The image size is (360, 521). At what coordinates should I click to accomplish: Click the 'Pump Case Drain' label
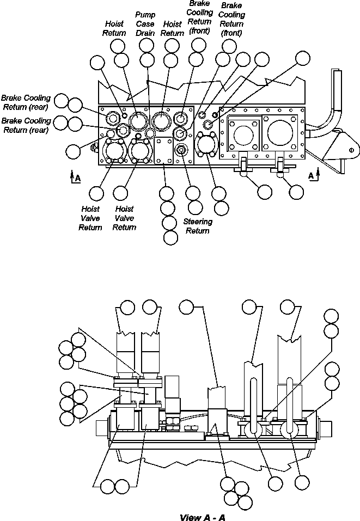click(x=145, y=24)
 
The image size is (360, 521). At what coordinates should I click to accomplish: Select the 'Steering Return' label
click(x=198, y=226)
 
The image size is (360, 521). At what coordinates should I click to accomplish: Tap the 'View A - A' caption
click(x=203, y=517)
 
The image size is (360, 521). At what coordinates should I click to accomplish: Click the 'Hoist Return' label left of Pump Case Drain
click(x=114, y=28)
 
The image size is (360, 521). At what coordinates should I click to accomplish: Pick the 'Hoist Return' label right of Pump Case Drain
click(x=173, y=28)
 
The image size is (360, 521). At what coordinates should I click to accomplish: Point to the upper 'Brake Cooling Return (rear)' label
click(x=26, y=102)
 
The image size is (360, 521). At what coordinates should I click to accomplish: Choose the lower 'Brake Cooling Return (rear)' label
click(x=26, y=125)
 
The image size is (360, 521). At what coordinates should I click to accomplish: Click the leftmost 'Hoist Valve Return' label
click(x=90, y=218)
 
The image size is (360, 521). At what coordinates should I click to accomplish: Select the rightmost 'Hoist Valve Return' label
click(x=124, y=218)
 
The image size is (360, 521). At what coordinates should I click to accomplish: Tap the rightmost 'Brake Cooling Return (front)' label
click(x=231, y=20)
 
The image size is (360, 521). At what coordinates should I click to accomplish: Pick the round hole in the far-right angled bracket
click(x=350, y=150)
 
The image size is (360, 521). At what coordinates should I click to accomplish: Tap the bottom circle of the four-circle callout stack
click(x=170, y=237)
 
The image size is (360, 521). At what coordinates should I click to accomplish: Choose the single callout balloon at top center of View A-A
click(x=187, y=307)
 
